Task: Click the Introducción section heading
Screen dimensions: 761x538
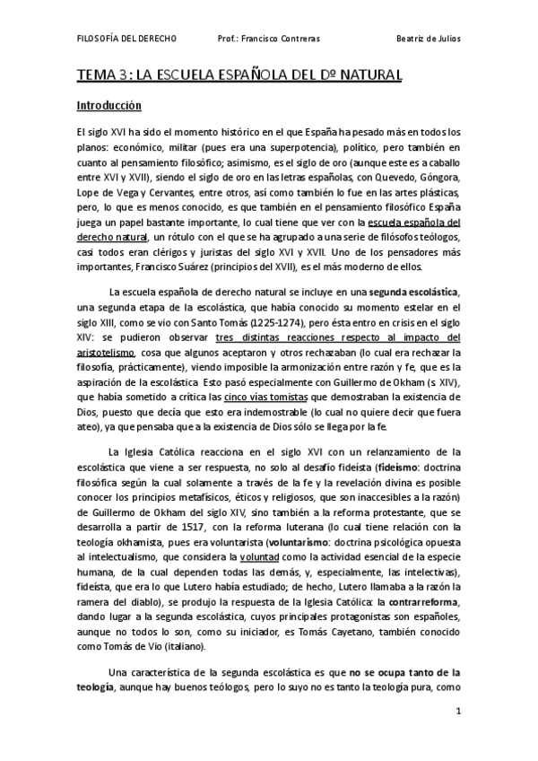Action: [108, 105]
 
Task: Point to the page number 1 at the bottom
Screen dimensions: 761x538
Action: [457, 711]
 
